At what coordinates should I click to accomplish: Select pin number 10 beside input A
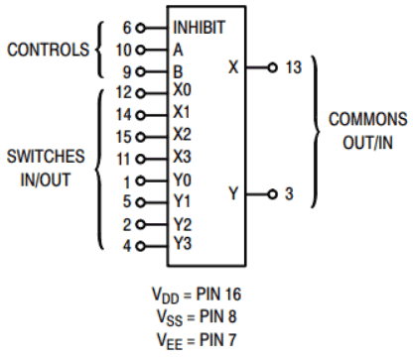tap(123, 49)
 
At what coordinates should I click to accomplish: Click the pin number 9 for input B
tap(126, 70)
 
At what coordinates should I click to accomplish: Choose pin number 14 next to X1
tap(123, 114)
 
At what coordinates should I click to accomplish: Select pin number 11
tap(123, 158)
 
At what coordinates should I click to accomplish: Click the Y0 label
tap(181, 180)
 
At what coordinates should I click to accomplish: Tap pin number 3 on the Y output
tap(287, 193)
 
